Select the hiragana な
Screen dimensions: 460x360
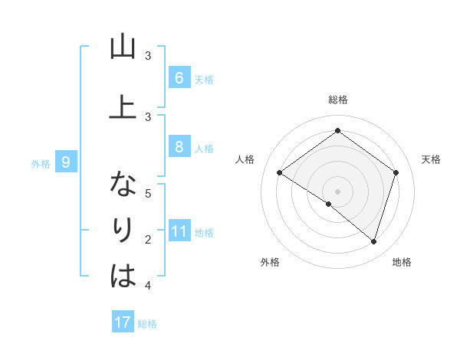(123, 185)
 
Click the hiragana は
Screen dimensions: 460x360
(123, 275)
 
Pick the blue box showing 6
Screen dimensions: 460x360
(179, 77)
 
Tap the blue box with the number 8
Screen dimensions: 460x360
(179, 147)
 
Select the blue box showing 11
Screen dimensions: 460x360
(179, 231)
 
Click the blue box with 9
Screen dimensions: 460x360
(66, 162)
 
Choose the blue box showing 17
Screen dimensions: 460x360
(123, 322)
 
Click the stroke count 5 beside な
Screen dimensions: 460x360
(149, 194)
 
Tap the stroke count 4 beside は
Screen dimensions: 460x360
(149, 286)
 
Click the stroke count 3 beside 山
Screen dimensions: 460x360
(149, 55)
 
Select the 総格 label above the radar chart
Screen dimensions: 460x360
(337, 100)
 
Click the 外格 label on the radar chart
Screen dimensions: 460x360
(270, 262)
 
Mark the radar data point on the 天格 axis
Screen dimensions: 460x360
(396, 173)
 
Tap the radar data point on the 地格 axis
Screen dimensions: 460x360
(373, 241)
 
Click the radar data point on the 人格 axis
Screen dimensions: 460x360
(280, 173)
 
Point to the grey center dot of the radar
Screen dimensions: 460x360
(337, 191)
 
